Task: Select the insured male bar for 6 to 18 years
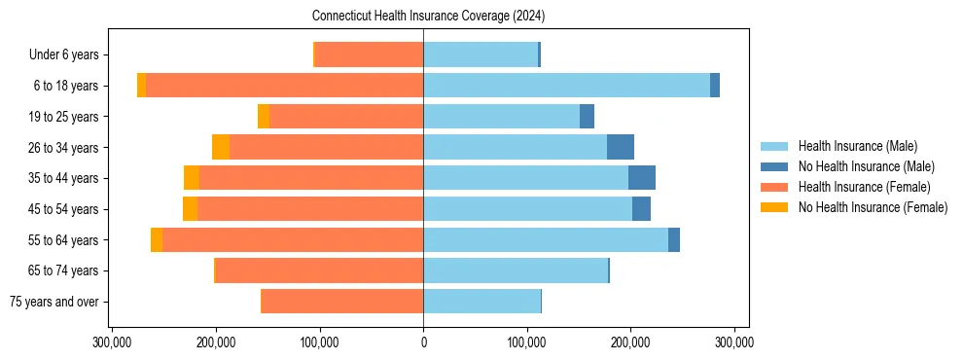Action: [x=566, y=86]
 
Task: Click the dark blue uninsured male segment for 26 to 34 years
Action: [x=621, y=147]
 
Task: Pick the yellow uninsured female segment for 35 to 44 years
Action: [x=192, y=178]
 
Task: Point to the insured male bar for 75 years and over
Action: [x=481, y=302]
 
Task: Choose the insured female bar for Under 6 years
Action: [x=370, y=54]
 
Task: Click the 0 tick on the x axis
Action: [x=423, y=342]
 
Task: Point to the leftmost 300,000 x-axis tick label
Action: [x=113, y=342]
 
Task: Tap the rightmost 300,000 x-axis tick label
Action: [x=733, y=342]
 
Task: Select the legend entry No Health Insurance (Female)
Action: [x=873, y=207]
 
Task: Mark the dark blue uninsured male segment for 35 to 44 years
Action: [x=642, y=178]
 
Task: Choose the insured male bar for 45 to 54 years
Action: [x=527, y=209]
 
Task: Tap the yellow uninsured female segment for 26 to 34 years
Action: [x=221, y=147]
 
